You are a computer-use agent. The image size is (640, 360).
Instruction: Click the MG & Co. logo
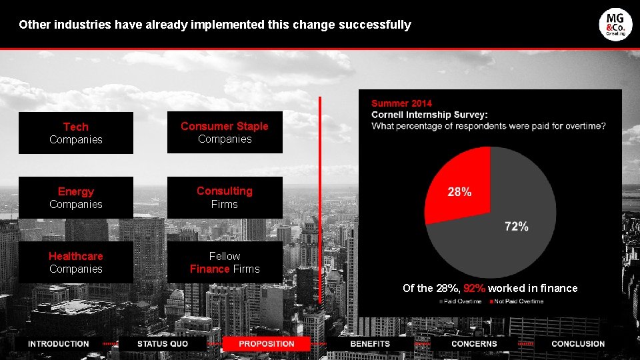615,25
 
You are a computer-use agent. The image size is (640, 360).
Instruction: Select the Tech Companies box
76,133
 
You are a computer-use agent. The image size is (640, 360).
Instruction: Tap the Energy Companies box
76,197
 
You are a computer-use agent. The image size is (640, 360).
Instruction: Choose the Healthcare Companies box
76,262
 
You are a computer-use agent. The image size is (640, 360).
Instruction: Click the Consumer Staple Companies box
225,132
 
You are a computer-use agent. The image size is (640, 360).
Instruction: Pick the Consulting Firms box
225,197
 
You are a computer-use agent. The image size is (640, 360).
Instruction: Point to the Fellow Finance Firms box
225,262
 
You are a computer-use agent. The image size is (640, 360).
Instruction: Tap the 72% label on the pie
517,227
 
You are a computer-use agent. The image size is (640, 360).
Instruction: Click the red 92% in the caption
474,288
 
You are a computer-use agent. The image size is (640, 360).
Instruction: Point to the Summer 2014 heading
401,103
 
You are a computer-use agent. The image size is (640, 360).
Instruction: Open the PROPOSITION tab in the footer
266,344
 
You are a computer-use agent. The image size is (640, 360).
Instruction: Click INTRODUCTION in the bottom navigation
59,344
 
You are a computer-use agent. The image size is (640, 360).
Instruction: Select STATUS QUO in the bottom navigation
163,344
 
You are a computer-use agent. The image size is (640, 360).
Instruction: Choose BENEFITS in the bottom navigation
370,344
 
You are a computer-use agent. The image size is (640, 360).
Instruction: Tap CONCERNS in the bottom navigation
474,344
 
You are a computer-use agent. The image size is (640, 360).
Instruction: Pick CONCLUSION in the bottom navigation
578,344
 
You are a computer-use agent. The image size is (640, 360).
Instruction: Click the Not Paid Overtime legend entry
517,301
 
